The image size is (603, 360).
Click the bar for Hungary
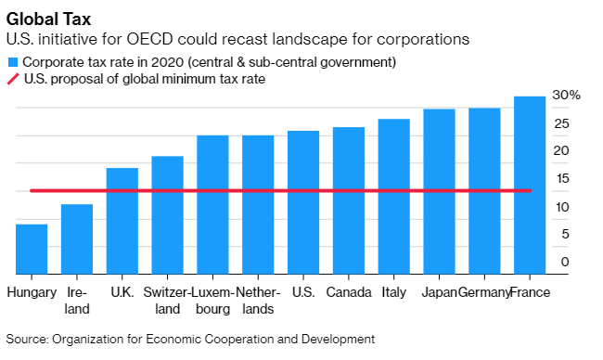coord(32,250)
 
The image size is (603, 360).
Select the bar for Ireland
coord(77,239)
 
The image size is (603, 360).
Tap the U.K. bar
coord(122,221)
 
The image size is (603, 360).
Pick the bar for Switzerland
coord(167,215)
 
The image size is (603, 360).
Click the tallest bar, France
coord(529,186)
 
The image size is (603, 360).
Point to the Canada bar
coord(348,200)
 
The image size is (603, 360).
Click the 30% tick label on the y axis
coord(566,96)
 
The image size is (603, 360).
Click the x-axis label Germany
coord(483,293)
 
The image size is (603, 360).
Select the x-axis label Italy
coord(393,293)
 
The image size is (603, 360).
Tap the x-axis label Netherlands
coord(258,301)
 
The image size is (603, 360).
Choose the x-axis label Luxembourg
coord(212,301)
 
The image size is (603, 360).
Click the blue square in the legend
coord(13,62)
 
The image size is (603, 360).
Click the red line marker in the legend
coord(13,79)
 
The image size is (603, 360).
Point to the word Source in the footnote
coord(27,339)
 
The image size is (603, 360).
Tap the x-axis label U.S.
coord(302,293)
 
